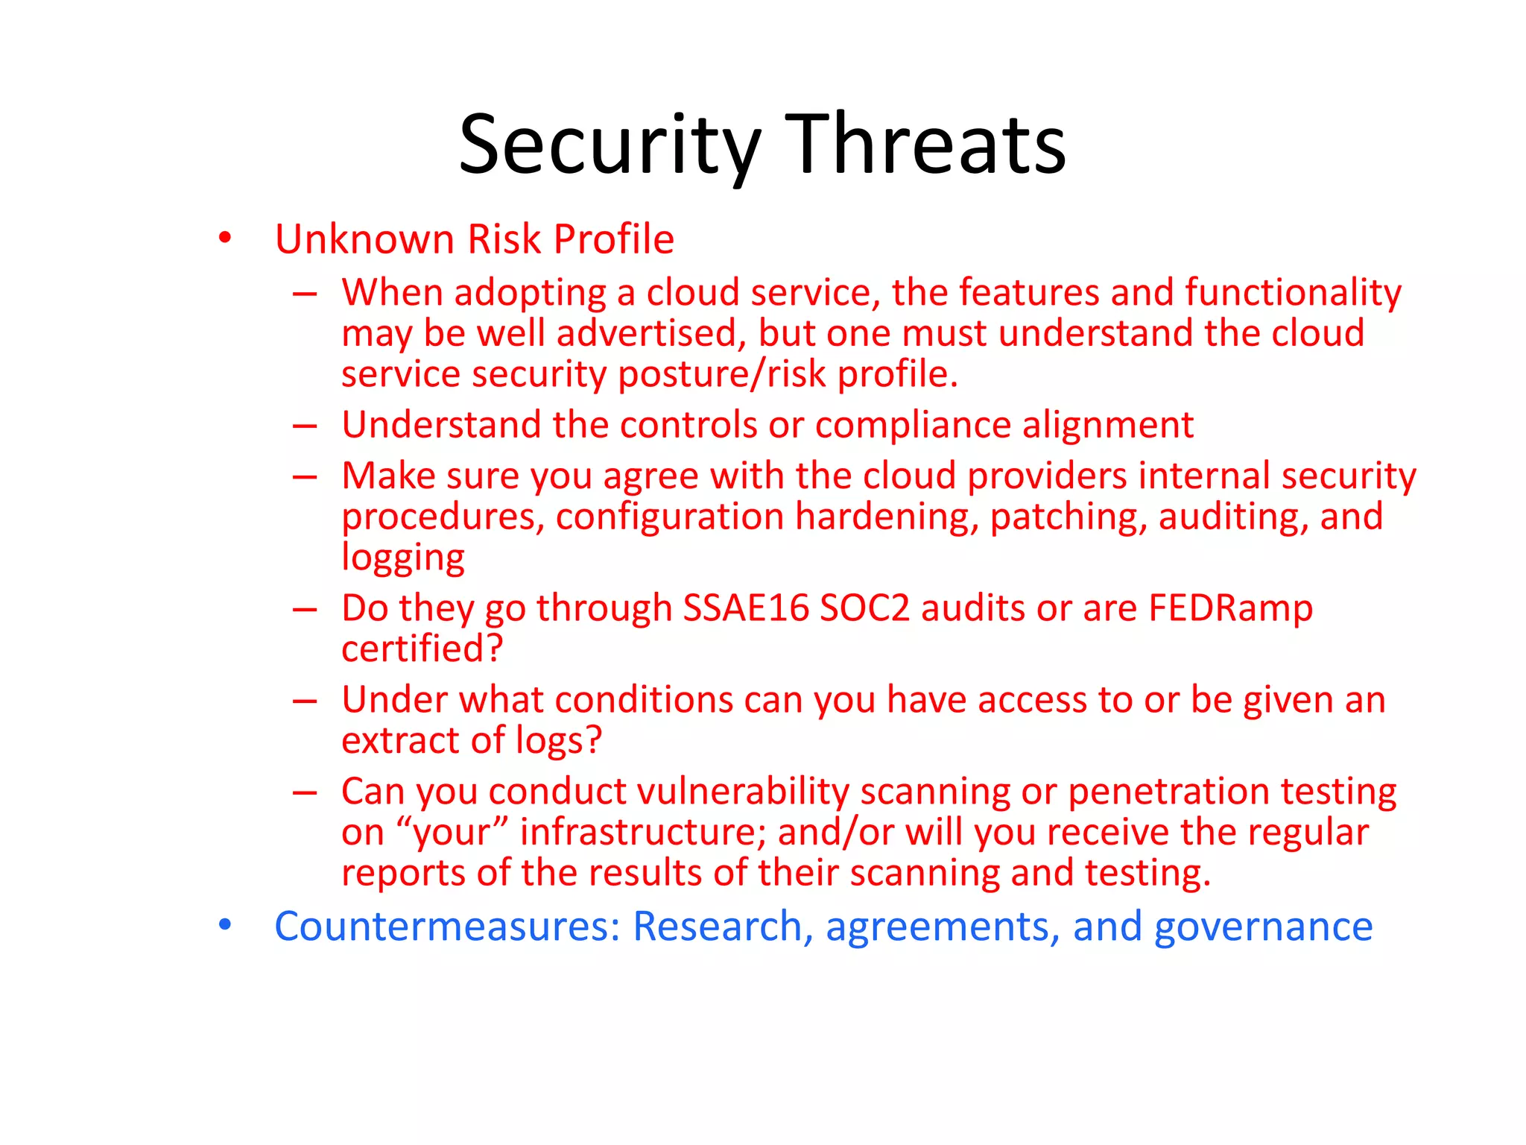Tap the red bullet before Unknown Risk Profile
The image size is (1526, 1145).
click(x=225, y=239)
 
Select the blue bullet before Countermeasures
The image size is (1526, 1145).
click(x=225, y=925)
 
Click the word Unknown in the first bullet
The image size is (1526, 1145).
click(x=364, y=239)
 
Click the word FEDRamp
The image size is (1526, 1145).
click(x=1230, y=608)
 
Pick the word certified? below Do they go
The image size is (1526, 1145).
click(x=422, y=649)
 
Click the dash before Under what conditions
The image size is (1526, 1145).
click(x=305, y=701)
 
